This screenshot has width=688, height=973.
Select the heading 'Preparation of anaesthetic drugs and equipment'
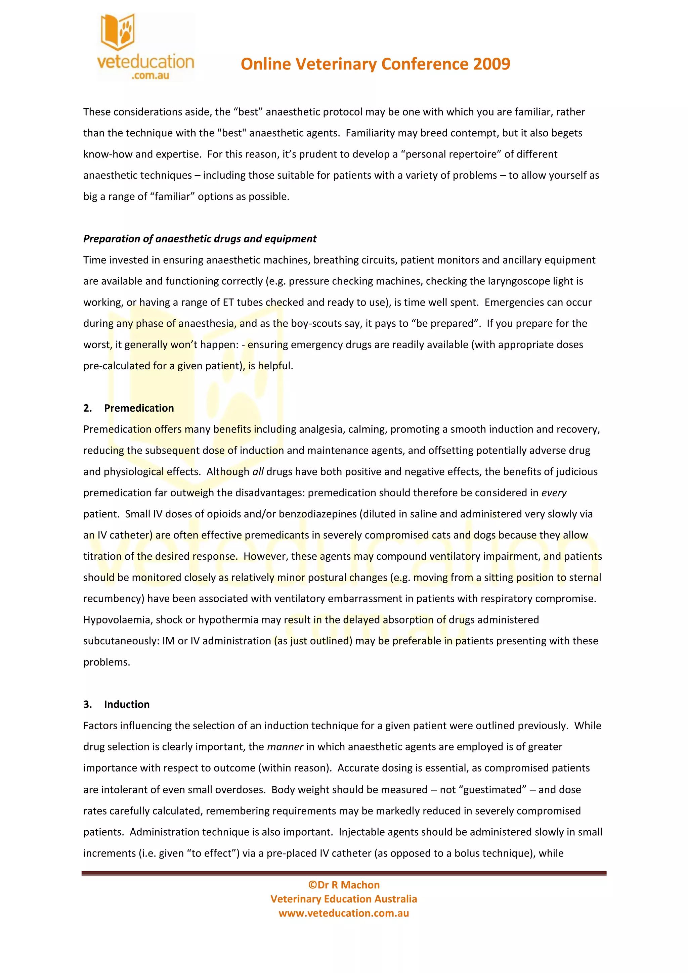pyautogui.click(x=200, y=239)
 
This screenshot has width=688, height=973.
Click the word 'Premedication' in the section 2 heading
pyautogui.click(x=139, y=408)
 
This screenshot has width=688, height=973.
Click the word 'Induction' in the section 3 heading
pyautogui.click(x=127, y=704)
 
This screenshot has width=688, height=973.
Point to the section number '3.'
pyautogui.click(x=87, y=704)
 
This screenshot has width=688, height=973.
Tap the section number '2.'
pyautogui.click(x=87, y=408)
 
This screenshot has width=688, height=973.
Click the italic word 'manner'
pyautogui.click(x=285, y=747)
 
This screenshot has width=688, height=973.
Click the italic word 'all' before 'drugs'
pyautogui.click(x=258, y=472)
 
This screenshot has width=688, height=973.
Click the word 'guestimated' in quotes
pyautogui.click(x=494, y=789)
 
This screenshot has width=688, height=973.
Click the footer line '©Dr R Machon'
pyautogui.click(x=344, y=885)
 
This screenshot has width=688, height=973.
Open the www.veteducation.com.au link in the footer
pyautogui.click(x=344, y=913)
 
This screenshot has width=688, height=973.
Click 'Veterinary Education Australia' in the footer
pyautogui.click(x=344, y=899)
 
